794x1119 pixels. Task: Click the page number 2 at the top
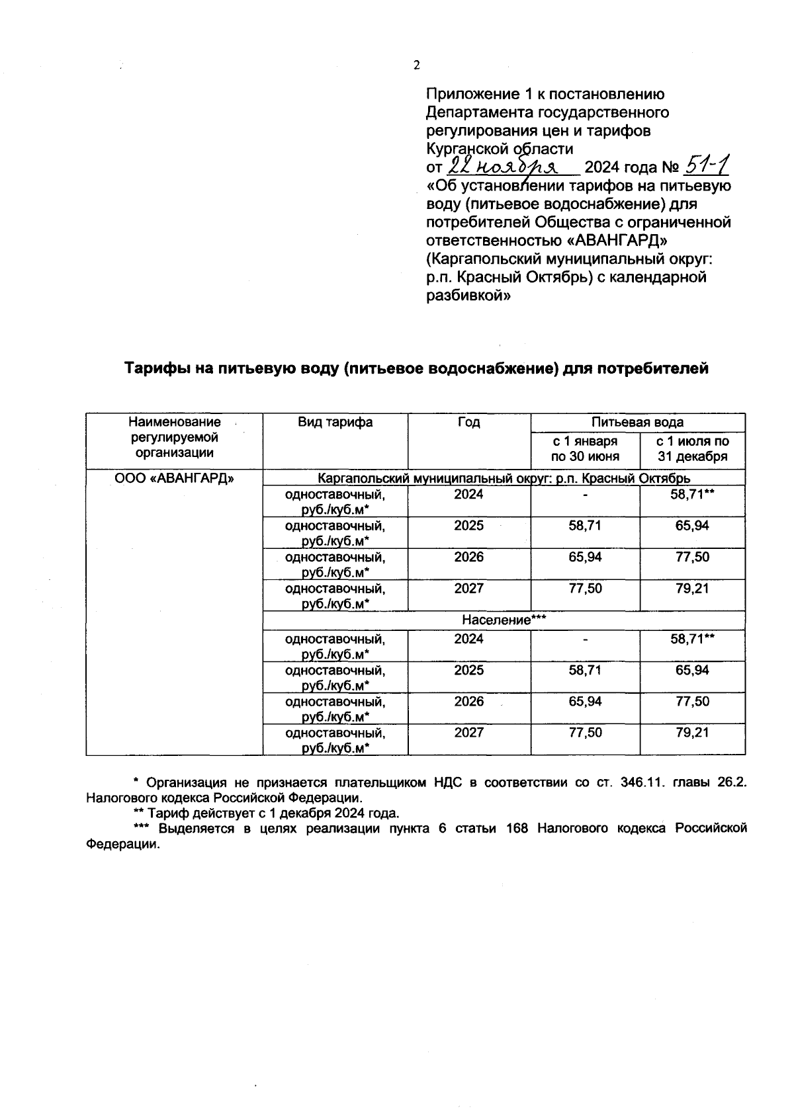416,65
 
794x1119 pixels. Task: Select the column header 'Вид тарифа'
335,423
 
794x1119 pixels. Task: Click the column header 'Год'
468,423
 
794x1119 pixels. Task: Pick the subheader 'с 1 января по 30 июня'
585,449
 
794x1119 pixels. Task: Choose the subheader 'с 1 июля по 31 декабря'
692,449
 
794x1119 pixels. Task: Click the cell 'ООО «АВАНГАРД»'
174,478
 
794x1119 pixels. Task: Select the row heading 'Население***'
504,620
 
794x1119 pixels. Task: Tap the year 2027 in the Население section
468,733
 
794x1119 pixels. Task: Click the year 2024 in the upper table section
468,495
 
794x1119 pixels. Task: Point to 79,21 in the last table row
692,733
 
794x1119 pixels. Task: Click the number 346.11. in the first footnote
645,783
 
